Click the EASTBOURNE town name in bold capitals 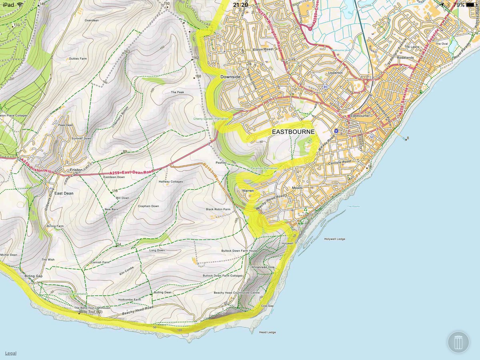(293, 132)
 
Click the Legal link (11, 353)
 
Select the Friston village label (76, 170)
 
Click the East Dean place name (64, 193)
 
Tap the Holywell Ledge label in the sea (334, 239)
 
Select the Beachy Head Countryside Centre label (237, 293)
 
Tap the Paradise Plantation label (264, 168)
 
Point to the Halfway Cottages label (171, 182)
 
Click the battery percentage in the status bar (458, 5)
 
